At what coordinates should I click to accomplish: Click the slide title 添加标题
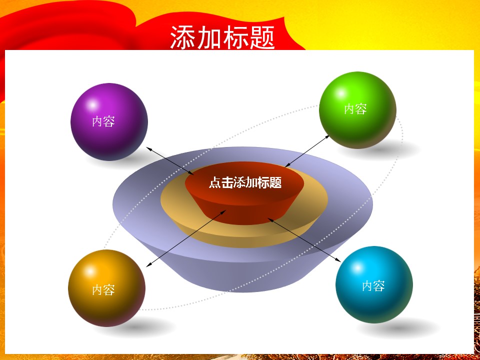tap(222, 37)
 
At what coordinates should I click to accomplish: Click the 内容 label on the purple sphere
tap(103, 121)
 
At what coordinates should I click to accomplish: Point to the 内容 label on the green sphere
tap(355, 109)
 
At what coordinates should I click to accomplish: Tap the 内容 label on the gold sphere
tap(103, 290)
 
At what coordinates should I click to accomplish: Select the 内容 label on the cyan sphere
tap(373, 286)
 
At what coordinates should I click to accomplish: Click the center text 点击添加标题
tap(245, 183)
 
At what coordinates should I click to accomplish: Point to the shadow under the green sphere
tap(400, 148)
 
